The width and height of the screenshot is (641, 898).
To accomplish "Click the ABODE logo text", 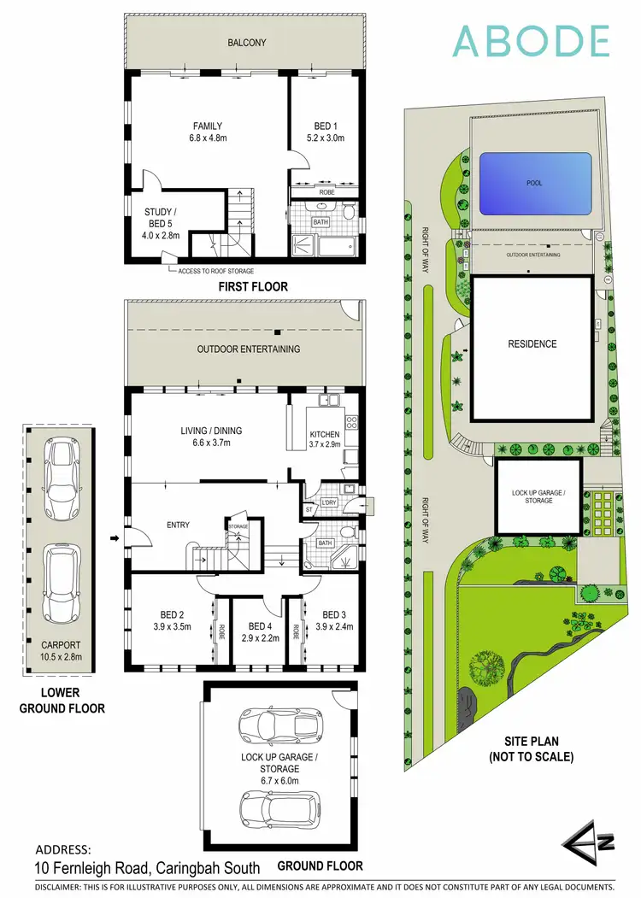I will click(531, 41).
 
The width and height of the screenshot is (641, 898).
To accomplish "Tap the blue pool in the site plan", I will click(535, 184).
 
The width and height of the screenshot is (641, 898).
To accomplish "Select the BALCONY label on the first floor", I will click(247, 42).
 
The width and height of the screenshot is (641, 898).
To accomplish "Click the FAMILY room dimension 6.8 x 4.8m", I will click(208, 138).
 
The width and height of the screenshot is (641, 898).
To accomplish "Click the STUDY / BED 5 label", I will click(162, 218).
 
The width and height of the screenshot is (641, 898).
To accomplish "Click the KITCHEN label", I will click(325, 435).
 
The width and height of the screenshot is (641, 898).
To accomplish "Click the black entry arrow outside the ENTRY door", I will click(115, 538).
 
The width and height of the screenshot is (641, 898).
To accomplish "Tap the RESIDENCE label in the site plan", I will click(532, 344).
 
